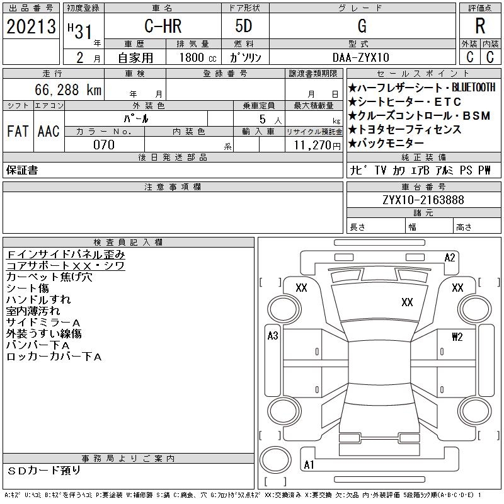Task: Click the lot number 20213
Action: (x=30, y=26)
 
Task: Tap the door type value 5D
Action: (x=244, y=26)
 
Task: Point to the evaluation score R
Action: (x=480, y=26)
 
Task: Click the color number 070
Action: (x=104, y=144)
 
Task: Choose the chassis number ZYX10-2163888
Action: (x=423, y=200)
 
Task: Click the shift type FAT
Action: (x=18, y=131)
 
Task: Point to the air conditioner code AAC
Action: (x=49, y=131)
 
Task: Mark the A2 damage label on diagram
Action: (x=450, y=257)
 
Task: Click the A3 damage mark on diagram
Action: (x=273, y=336)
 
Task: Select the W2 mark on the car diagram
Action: (x=457, y=336)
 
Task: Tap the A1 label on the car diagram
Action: (x=309, y=465)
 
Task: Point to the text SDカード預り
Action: (x=45, y=470)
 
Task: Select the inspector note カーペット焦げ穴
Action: (x=49, y=277)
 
